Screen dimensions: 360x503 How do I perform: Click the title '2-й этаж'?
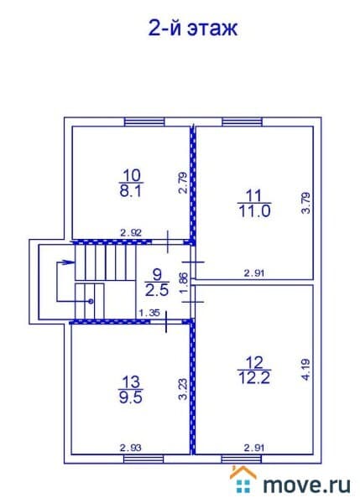pos(193,29)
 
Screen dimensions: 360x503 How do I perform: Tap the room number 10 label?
pos(132,175)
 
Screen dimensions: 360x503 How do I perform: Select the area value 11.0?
pos(254,211)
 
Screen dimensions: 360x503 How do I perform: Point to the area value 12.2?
pos(254,378)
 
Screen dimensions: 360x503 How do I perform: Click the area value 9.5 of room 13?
pos(131,397)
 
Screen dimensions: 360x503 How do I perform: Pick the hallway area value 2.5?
pos(157,290)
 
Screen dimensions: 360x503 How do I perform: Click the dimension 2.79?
pos(182,183)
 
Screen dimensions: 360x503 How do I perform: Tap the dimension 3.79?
pos(306,203)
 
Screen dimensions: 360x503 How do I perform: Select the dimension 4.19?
pos(306,370)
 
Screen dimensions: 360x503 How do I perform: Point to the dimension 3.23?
pos(182,389)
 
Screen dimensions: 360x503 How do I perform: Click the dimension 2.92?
pos(131,232)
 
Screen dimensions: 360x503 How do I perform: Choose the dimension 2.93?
pos(131,448)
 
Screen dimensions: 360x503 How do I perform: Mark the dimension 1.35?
pos(149,313)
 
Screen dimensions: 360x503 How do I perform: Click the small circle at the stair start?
pos(91,301)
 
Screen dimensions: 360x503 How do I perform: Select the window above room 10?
pos(144,122)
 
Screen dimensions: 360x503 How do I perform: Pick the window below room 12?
pos(241,459)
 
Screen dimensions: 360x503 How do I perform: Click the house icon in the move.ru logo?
pos(243,479)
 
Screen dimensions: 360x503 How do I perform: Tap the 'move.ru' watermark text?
pos(306,485)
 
